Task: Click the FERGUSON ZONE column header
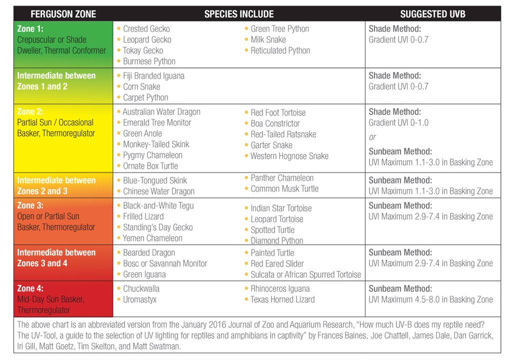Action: (x=63, y=14)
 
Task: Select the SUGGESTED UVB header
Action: (x=432, y=14)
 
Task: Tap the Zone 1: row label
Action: (x=30, y=29)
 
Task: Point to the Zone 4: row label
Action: (x=30, y=288)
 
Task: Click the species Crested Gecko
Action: (x=146, y=29)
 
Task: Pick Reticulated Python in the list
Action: (x=280, y=50)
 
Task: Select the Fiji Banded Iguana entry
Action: (x=153, y=76)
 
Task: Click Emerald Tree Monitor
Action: (x=157, y=123)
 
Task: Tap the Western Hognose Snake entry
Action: (x=289, y=156)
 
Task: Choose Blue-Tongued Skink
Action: (x=155, y=180)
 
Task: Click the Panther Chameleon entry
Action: (x=282, y=178)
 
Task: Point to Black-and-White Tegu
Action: (x=158, y=205)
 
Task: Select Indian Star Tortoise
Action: (x=281, y=208)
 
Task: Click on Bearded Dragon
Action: (x=149, y=253)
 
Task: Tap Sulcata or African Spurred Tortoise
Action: (x=305, y=274)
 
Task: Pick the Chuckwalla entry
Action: (x=141, y=289)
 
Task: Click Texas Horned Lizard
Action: (x=282, y=299)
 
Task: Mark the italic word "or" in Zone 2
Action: (x=372, y=137)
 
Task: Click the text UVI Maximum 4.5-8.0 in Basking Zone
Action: (x=430, y=299)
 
